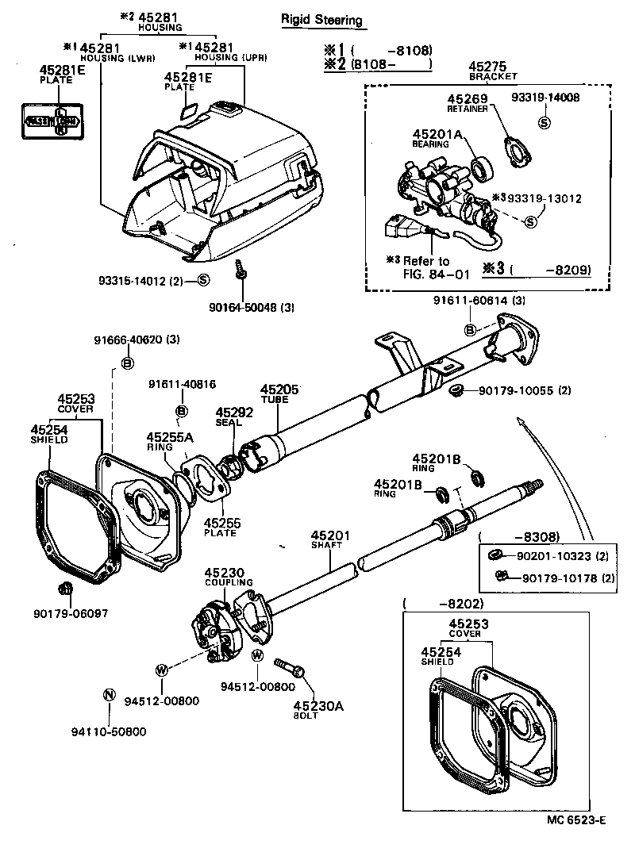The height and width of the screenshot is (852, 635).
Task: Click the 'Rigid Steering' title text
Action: (x=321, y=20)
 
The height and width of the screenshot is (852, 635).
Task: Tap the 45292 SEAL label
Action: (x=234, y=417)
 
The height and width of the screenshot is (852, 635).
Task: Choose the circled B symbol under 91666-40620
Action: (x=126, y=363)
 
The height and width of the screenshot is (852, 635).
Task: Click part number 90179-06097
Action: (x=71, y=613)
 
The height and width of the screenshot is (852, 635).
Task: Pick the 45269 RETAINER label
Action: (x=466, y=104)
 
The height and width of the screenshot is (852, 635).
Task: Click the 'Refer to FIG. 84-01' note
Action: (x=425, y=267)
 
